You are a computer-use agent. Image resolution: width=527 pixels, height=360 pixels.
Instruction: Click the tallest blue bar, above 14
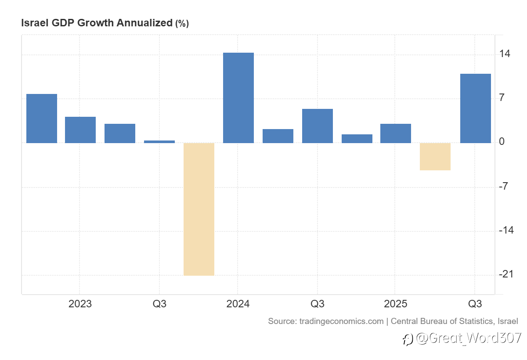click(238, 97)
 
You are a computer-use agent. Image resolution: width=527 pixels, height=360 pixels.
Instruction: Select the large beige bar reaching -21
click(199, 209)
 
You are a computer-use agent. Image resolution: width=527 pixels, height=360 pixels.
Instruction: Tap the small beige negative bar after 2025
click(435, 156)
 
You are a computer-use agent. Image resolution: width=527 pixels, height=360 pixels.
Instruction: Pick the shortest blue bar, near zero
click(159, 141)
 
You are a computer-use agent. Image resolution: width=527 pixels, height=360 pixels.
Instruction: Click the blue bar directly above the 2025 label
click(396, 133)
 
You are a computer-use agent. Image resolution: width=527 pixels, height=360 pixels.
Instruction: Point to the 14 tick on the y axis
click(505, 54)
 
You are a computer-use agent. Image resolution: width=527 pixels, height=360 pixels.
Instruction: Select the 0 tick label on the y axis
click(502, 142)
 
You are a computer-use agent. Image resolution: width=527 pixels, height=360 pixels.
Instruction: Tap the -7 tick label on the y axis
click(503, 187)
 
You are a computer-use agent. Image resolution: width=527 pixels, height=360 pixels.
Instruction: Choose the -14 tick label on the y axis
click(506, 230)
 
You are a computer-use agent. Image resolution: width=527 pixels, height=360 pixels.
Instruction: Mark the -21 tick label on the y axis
click(506, 274)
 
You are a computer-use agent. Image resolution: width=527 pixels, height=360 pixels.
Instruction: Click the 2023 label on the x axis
click(80, 304)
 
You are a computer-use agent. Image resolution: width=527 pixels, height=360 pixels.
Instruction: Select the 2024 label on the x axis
click(238, 304)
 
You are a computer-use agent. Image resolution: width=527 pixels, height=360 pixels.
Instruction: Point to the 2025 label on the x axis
click(395, 304)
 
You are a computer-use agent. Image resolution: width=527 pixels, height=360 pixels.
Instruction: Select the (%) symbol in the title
click(182, 24)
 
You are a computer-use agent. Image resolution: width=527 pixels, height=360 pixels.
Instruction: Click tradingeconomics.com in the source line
click(341, 321)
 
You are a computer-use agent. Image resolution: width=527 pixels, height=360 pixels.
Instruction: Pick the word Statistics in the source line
click(476, 321)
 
